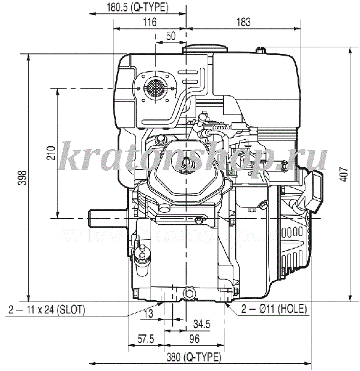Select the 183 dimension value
[x=244, y=22]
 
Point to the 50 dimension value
[x=170, y=37]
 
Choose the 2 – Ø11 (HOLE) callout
[x=274, y=309]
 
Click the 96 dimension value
[x=194, y=339]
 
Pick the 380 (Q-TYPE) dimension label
[x=194, y=357]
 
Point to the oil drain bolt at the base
[x=190, y=292]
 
